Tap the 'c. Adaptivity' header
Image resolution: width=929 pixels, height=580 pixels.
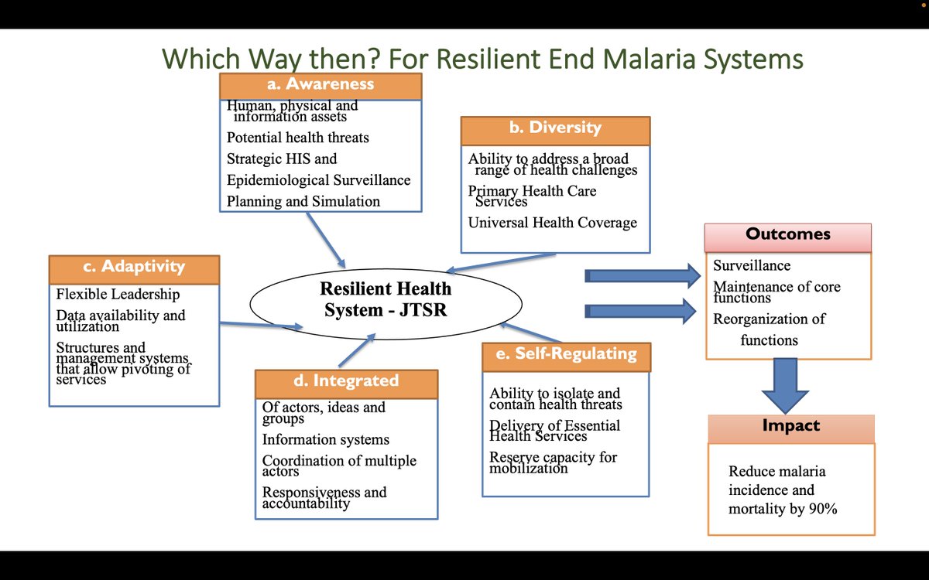134,268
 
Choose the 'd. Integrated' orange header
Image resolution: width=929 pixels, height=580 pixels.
346,382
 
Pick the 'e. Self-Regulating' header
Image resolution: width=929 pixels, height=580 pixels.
566,356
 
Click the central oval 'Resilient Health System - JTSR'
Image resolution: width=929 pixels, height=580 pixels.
386,300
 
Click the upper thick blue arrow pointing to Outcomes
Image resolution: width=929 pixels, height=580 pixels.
641,275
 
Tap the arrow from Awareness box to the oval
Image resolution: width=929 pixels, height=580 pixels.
325,239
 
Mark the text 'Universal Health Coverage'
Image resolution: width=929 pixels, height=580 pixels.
552,223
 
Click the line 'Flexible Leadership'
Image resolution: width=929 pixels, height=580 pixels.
118,295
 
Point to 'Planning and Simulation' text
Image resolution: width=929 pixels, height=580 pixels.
303,202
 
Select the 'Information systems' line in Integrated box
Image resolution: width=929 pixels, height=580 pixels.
325,440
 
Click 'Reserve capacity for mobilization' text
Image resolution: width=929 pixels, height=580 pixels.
553,462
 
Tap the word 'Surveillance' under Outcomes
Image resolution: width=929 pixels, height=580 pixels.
752,266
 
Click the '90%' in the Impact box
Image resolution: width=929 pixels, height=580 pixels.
820,510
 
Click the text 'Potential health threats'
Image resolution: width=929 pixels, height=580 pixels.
297,138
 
